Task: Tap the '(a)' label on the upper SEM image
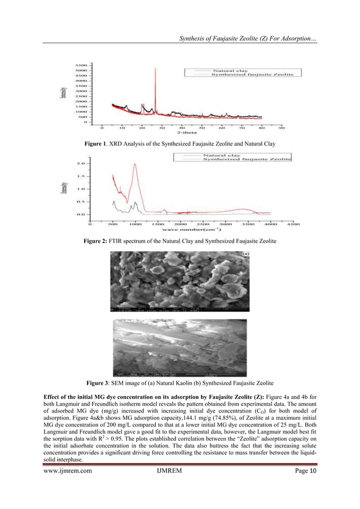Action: pos(245,255)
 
